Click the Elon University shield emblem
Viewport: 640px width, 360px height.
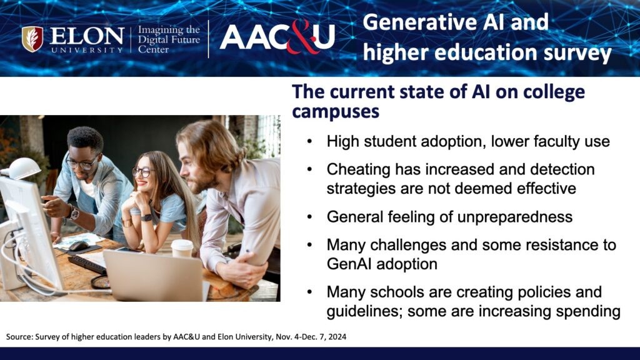pos(32,39)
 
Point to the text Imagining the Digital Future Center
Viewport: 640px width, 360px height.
pos(169,39)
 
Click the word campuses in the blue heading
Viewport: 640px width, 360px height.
pos(336,111)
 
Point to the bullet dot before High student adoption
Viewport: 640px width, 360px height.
pos(309,142)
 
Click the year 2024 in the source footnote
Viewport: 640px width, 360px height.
pos(337,337)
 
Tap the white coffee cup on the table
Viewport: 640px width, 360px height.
pos(182,249)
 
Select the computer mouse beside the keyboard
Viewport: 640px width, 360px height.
pos(78,246)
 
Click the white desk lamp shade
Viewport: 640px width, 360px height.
pos(24,168)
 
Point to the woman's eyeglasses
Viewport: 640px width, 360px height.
pos(143,172)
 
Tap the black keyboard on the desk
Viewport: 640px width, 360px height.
pos(87,264)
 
